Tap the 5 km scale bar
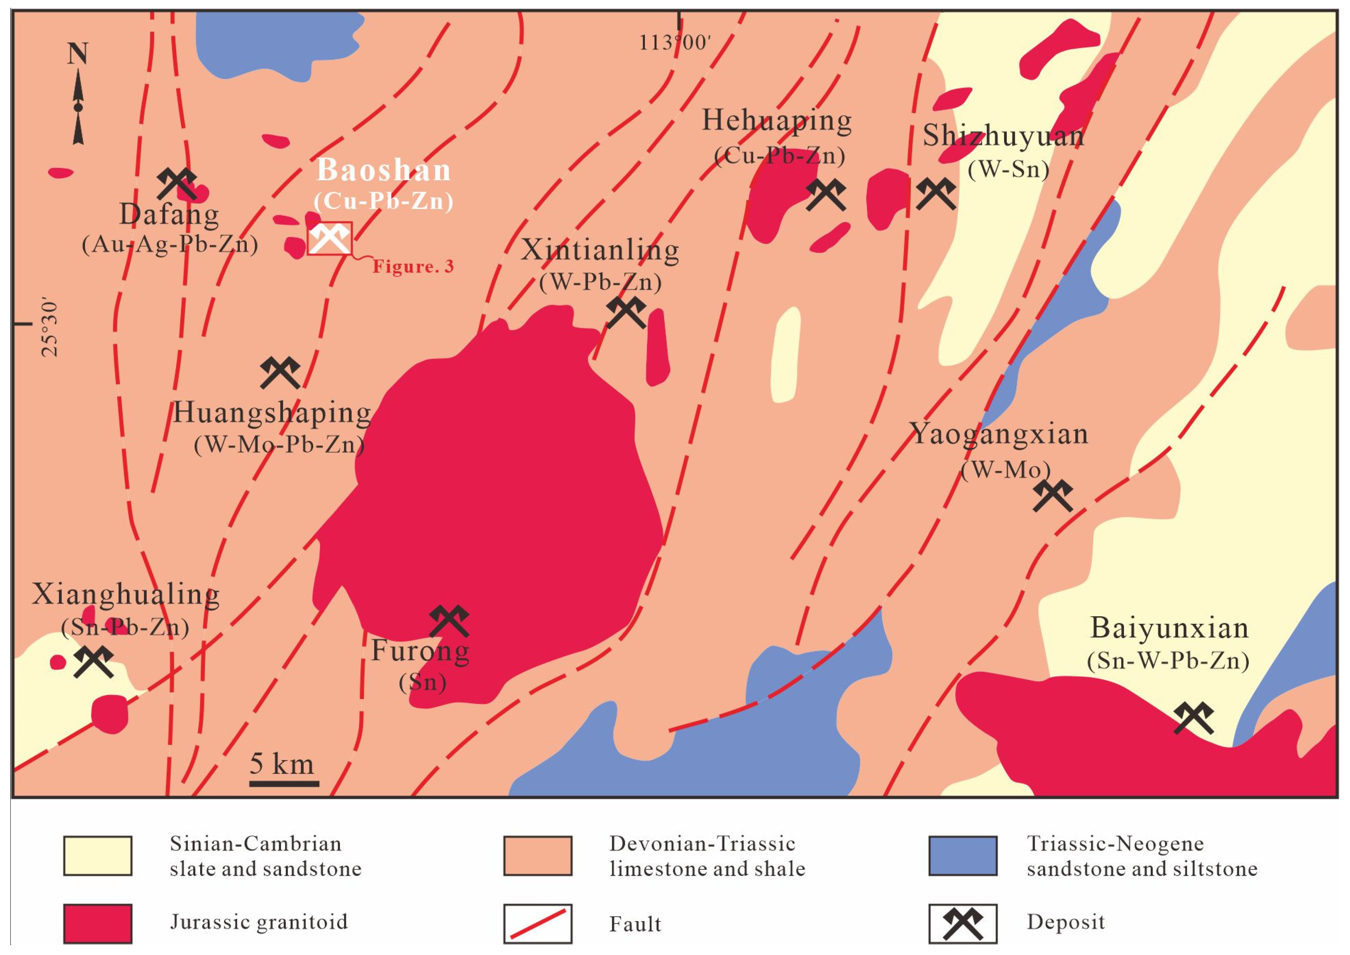[x=284, y=783]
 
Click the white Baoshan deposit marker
[x=329, y=238]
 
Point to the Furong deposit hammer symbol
[x=449, y=621]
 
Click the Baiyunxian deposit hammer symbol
[x=1194, y=718]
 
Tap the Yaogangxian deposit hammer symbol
[x=1053, y=495]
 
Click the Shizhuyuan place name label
[x=1003, y=136]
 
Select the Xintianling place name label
[x=600, y=251]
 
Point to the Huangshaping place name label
[x=272, y=413]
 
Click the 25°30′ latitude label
[x=51, y=329]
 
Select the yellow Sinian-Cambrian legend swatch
[x=98, y=856]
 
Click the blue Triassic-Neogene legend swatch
[x=963, y=856]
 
